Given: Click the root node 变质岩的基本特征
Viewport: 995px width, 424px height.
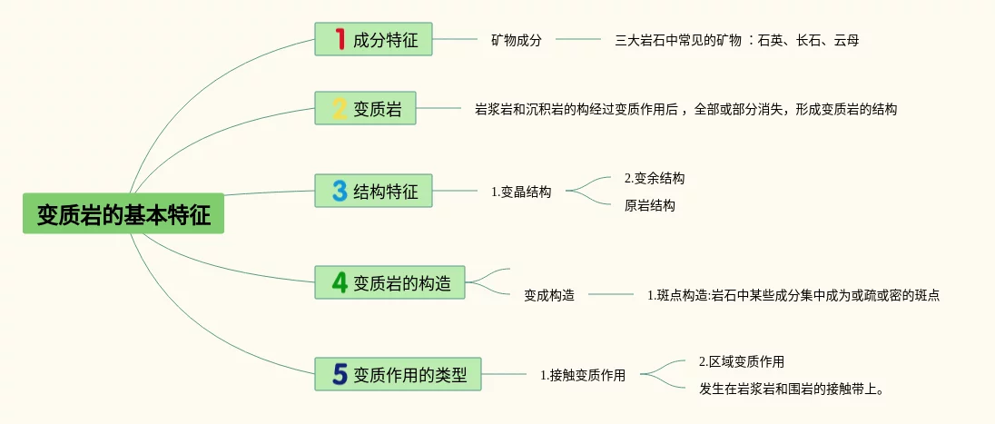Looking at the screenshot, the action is [123, 215].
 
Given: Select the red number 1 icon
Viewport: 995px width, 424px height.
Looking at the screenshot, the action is [340, 39].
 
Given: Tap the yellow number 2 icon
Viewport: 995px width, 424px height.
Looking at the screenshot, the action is [340, 110].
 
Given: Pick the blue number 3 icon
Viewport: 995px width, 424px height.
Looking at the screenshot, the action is [340, 191].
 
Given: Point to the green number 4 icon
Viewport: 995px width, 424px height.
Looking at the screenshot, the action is [340, 282].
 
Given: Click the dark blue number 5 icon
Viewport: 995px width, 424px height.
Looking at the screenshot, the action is [340, 373].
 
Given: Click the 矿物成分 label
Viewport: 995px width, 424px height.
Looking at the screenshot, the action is [517, 40].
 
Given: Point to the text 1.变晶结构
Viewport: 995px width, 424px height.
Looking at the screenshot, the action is [521, 192].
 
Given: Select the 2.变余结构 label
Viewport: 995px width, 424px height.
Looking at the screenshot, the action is [655, 178].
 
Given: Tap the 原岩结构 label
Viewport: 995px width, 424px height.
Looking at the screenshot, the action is [650, 205].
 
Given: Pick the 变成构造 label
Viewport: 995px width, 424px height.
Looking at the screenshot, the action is [549, 295].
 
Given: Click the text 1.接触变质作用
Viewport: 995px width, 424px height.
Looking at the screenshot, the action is [583, 374].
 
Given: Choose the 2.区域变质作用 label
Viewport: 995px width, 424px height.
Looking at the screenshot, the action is [742, 361].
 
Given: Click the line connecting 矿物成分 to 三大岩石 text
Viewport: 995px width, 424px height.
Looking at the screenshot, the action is [578, 40].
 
